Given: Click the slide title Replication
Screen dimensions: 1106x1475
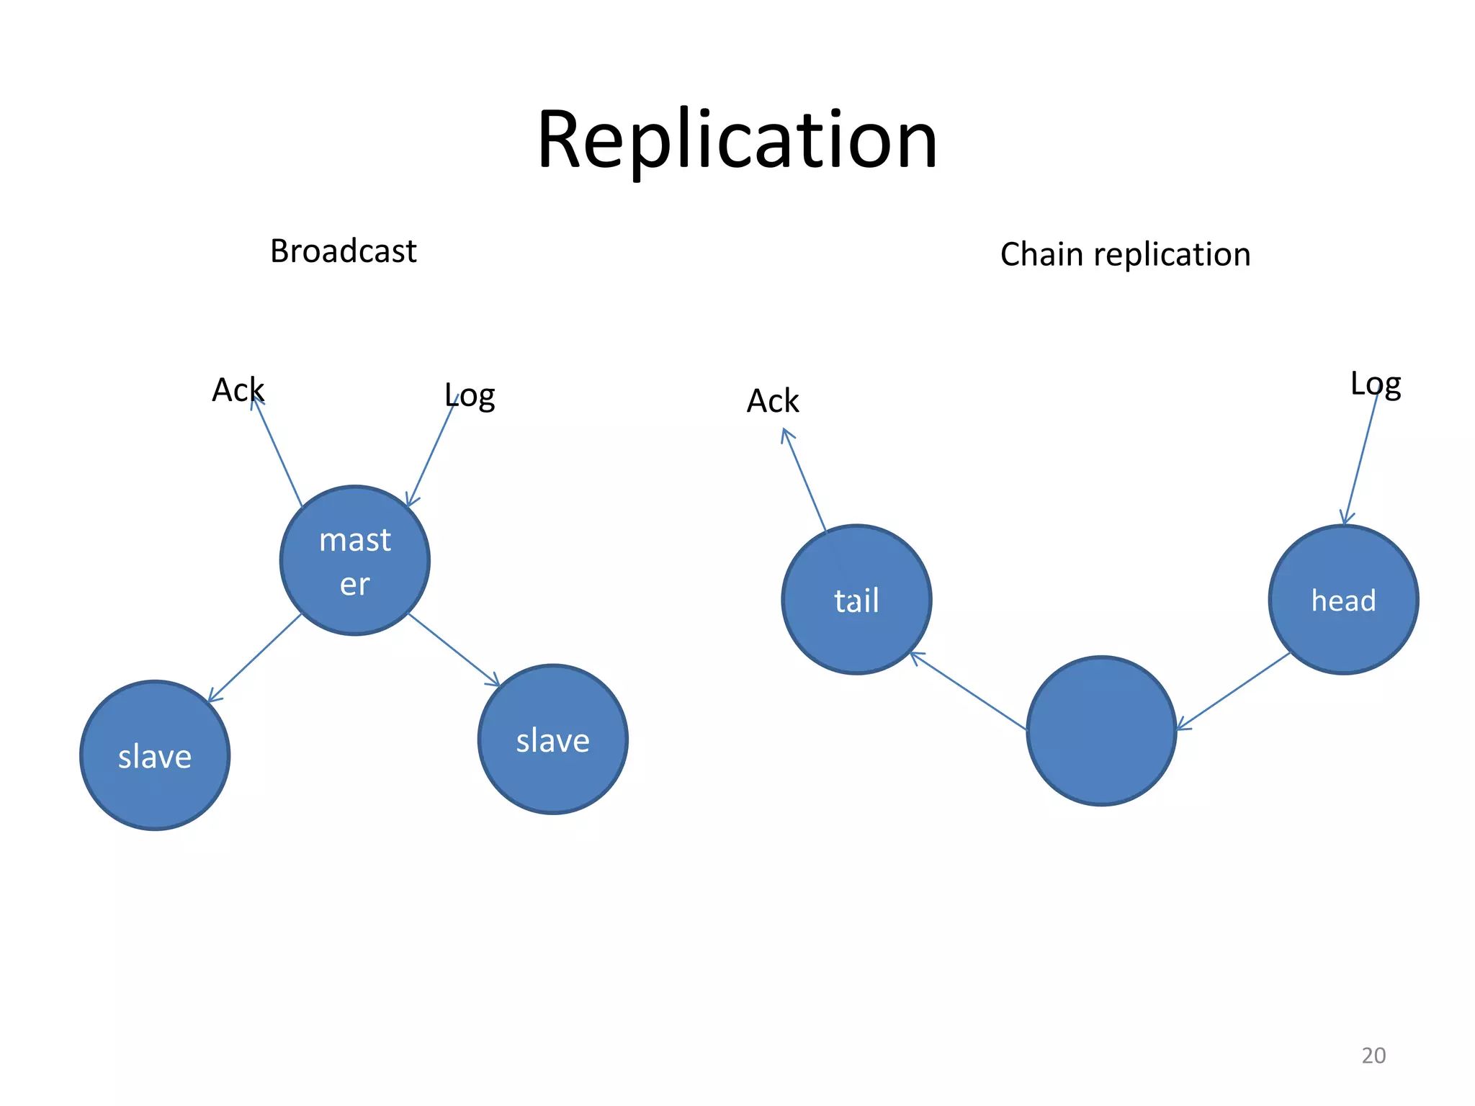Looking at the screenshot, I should click(x=737, y=140).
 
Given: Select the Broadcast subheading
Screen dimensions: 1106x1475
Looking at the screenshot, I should click(x=343, y=251).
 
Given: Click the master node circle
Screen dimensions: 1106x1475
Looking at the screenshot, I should click(x=355, y=561).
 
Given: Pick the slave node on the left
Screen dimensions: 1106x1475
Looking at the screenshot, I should click(x=155, y=755).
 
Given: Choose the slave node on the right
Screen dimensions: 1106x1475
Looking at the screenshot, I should click(x=552, y=739).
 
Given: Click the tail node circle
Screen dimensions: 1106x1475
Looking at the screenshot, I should click(x=856, y=600).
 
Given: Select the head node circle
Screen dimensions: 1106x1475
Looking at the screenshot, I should click(x=1343, y=600).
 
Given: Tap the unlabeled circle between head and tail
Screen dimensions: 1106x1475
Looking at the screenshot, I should click(x=1101, y=731).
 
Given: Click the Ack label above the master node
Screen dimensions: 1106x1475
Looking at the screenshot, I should click(x=238, y=390).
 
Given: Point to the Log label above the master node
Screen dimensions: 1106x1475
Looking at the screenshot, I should click(x=470, y=395).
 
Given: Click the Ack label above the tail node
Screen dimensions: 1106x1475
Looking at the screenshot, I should click(x=773, y=401).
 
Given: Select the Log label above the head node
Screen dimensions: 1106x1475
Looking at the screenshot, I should click(x=1375, y=384).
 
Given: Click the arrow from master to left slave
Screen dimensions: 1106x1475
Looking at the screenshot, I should click(x=254, y=657).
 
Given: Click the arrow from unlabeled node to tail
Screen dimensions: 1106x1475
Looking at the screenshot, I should click(x=969, y=691).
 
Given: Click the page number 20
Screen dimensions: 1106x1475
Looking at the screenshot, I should click(x=1373, y=1055).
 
